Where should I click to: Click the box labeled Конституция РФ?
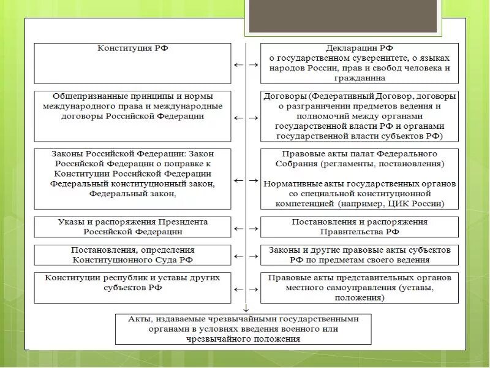(x=132, y=63)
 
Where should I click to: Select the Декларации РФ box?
(x=360, y=63)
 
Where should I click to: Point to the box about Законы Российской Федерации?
(x=132, y=178)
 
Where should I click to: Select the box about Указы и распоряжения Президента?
(x=132, y=226)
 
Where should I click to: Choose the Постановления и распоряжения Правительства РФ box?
(x=360, y=226)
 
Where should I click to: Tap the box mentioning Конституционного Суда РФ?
(x=132, y=255)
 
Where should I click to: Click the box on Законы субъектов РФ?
(x=360, y=255)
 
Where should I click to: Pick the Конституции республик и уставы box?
(x=132, y=287)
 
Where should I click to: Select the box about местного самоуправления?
(x=360, y=287)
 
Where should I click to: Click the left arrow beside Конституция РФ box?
(x=236, y=64)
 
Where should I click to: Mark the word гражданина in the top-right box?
(x=360, y=79)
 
